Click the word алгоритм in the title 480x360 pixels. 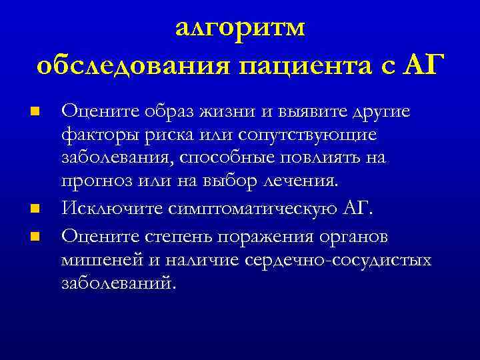pyautogui.click(x=241, y=29)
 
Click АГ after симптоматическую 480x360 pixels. pyautogui.click(x=358, y=208)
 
